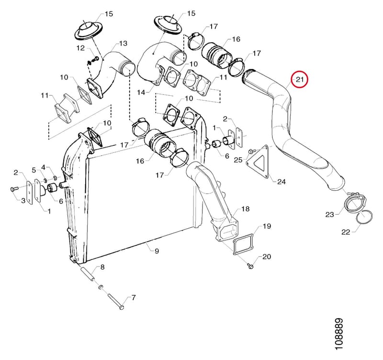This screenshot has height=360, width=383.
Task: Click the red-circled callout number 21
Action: pyautogui.click(x=300, y=79)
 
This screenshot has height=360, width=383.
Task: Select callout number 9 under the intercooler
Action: pyautogui.click(x=157, y=251)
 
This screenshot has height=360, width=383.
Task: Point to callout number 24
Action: pyautogui.click(x=281, y=182)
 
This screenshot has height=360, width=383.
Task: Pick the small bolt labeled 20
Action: pyautogui.click(x=249, y=266)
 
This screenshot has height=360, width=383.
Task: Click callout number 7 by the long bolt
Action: pyautogui.click(x=134, y=298)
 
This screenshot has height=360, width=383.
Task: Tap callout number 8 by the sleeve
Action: pyautogui.click(x=102, y=267)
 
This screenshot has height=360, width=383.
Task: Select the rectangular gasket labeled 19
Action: pyautogui.click(x=243, y=244)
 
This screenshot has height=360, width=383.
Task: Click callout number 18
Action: pyautogui.click(x=246, y=209)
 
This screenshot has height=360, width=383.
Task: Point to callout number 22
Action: pyautogui.click(x=346, y=232)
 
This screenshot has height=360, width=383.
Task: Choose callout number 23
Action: pyautogui.click(x=329, y=214)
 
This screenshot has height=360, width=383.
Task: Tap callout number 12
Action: pyautogui.click(x=80, y=48)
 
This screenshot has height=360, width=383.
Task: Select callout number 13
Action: pyautogui.click(x=123, y=43)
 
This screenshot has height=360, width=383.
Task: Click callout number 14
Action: pyautogui.click(x=141, y=92)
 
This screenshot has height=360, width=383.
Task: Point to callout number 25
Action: pyautogui.click(x=238, y=160)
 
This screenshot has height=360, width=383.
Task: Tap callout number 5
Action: pyautogui.click(x=34, y=170)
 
